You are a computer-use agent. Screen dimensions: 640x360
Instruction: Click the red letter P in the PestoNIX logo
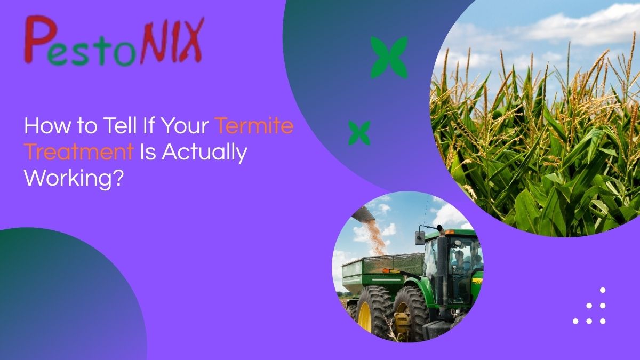[39, 39]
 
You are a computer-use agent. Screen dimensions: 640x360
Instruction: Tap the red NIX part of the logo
[172, 41]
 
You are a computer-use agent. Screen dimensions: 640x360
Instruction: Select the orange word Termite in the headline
[254, 125]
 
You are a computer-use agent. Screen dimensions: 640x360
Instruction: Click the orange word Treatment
[79, 151]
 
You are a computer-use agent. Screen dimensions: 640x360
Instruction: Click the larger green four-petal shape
[389, 58]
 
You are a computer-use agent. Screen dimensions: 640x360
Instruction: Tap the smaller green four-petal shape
[359, 133]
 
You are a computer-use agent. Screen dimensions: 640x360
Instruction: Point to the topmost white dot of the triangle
[603, 290]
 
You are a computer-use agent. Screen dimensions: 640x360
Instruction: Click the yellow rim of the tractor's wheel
[365, 317]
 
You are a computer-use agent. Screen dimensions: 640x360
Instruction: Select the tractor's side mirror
[419, 238]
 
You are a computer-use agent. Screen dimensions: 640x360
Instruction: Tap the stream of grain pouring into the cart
[375, 237]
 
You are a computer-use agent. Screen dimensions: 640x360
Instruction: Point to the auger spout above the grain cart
[363, 214]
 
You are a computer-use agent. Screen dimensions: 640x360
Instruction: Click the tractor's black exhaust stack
[442, 266]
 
